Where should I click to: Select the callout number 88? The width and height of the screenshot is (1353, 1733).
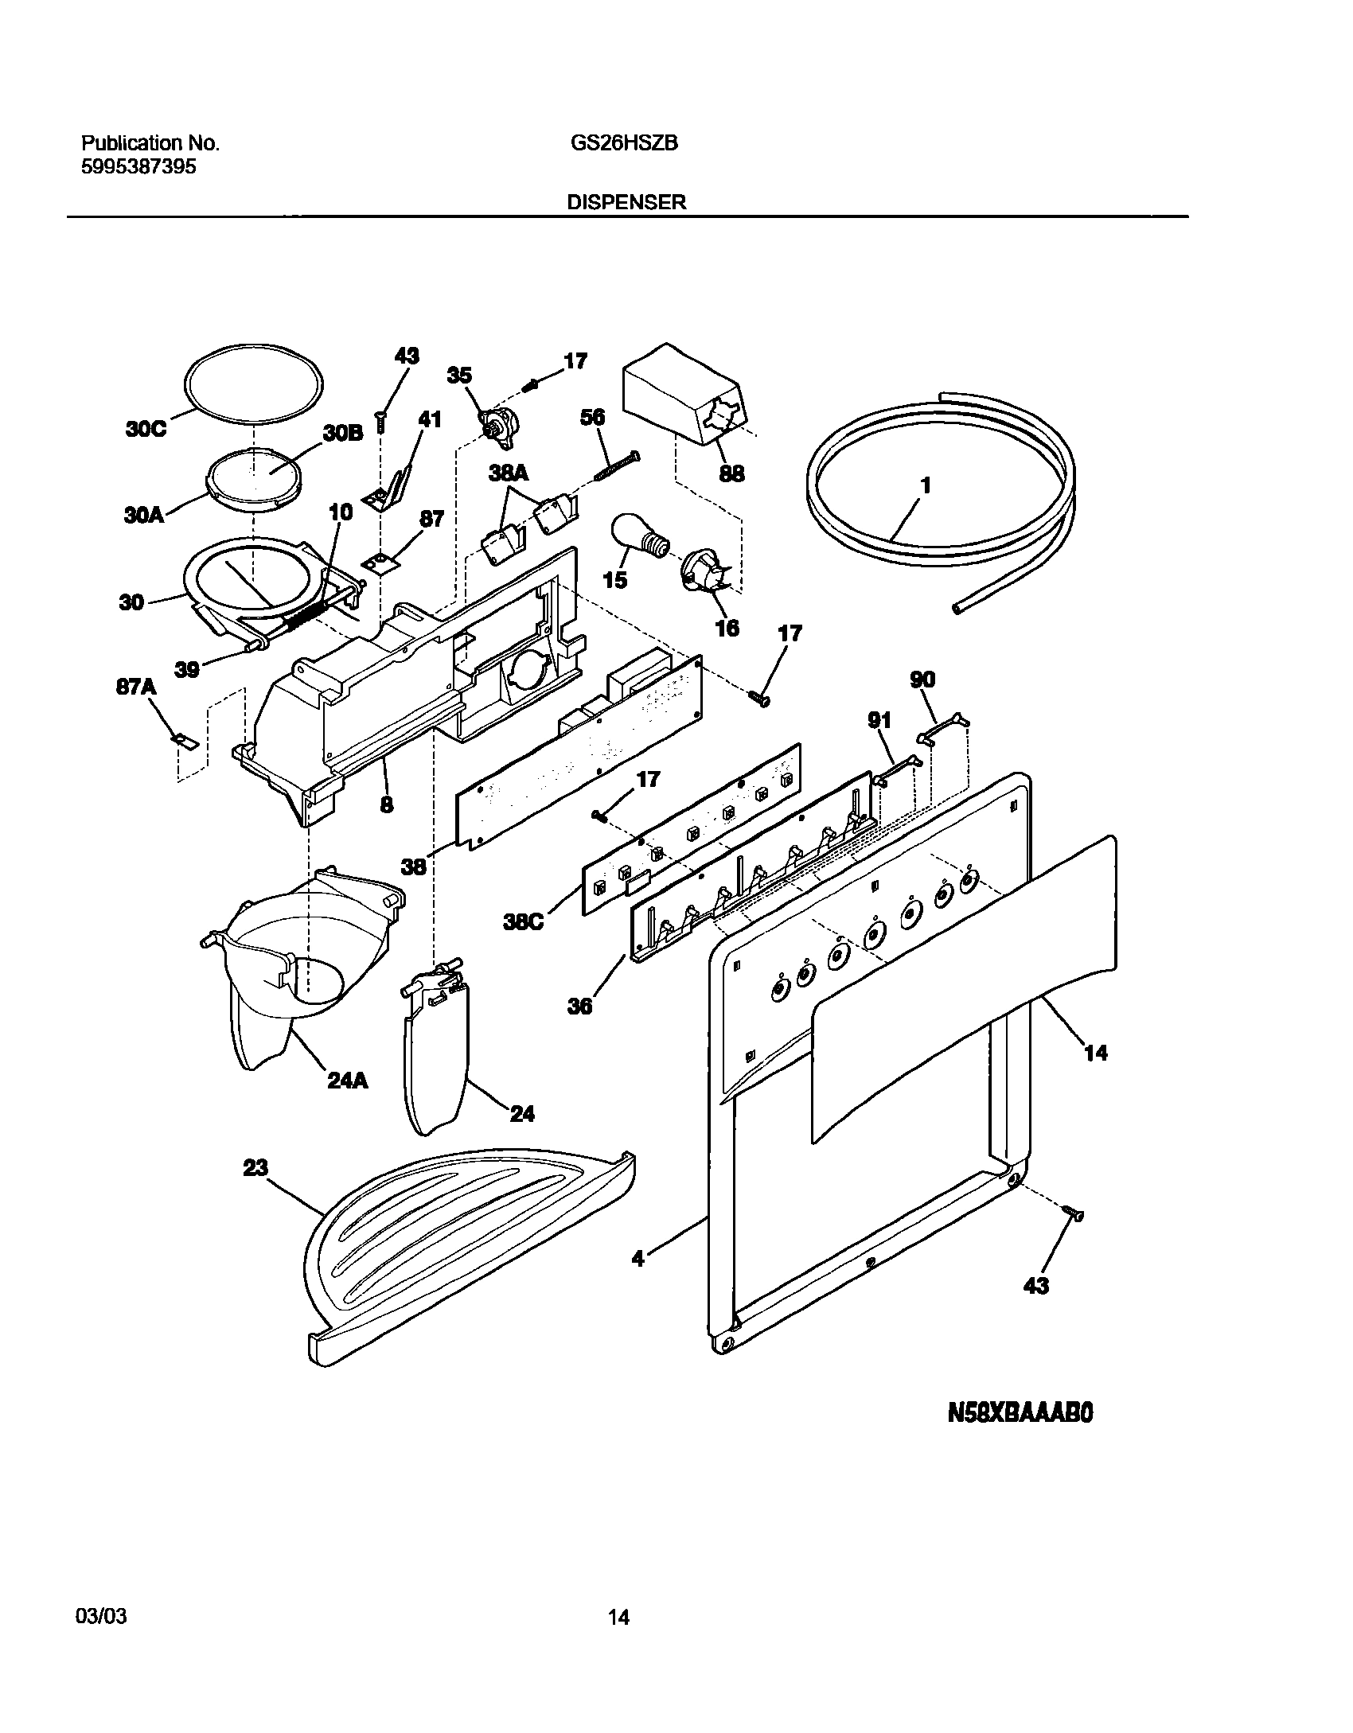tap(731, 473)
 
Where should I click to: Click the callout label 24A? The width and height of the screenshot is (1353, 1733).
tap(348, 1081)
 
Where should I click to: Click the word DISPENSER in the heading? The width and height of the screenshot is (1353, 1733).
tap(626, 202)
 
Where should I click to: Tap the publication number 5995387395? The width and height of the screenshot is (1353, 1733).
tap(138, 167)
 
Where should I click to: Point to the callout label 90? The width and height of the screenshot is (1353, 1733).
tap(922, 680)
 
